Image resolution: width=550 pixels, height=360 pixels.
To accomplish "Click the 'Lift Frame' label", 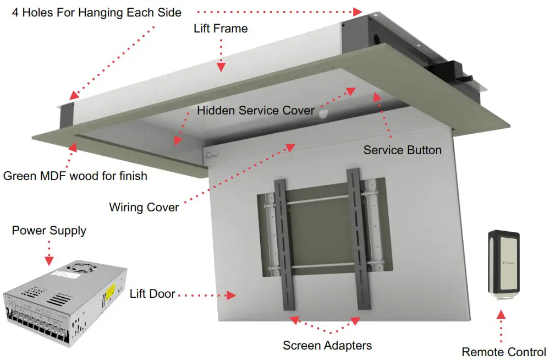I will (x=221, y=28).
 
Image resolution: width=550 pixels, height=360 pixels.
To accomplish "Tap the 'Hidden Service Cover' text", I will (x=256, y=110).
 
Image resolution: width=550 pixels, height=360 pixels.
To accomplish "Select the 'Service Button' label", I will (x=402, y=150).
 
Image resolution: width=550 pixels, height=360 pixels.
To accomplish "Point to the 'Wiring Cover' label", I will (x=144, y=208).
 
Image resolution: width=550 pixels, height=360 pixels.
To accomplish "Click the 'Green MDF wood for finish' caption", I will (x=75, y=176).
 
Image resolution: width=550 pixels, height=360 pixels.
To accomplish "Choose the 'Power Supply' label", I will (x=49, y=230).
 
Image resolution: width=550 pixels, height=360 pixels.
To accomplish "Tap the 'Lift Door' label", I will (x=152, y=294).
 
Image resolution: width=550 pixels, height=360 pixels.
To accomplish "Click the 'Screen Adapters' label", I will (x=327, y=346).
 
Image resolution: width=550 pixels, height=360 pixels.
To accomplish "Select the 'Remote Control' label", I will (x=504, y=352).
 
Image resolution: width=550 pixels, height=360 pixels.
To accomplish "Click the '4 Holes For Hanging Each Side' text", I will (x=97, y=12).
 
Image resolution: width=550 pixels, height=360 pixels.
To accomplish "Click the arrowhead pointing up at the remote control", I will (x=501, y=314).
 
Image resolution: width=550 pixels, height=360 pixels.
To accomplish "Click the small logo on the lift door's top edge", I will (x=213, y=156).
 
